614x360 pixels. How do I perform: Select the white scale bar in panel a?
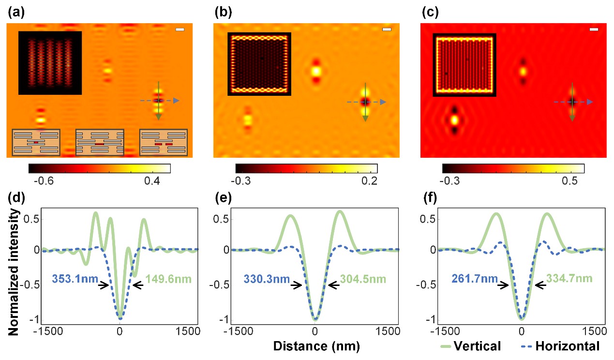point(180,30)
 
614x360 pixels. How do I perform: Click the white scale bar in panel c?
point(595,30)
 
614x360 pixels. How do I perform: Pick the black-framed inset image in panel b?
point(259,64)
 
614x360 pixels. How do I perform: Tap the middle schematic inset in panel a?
point(100,143)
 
